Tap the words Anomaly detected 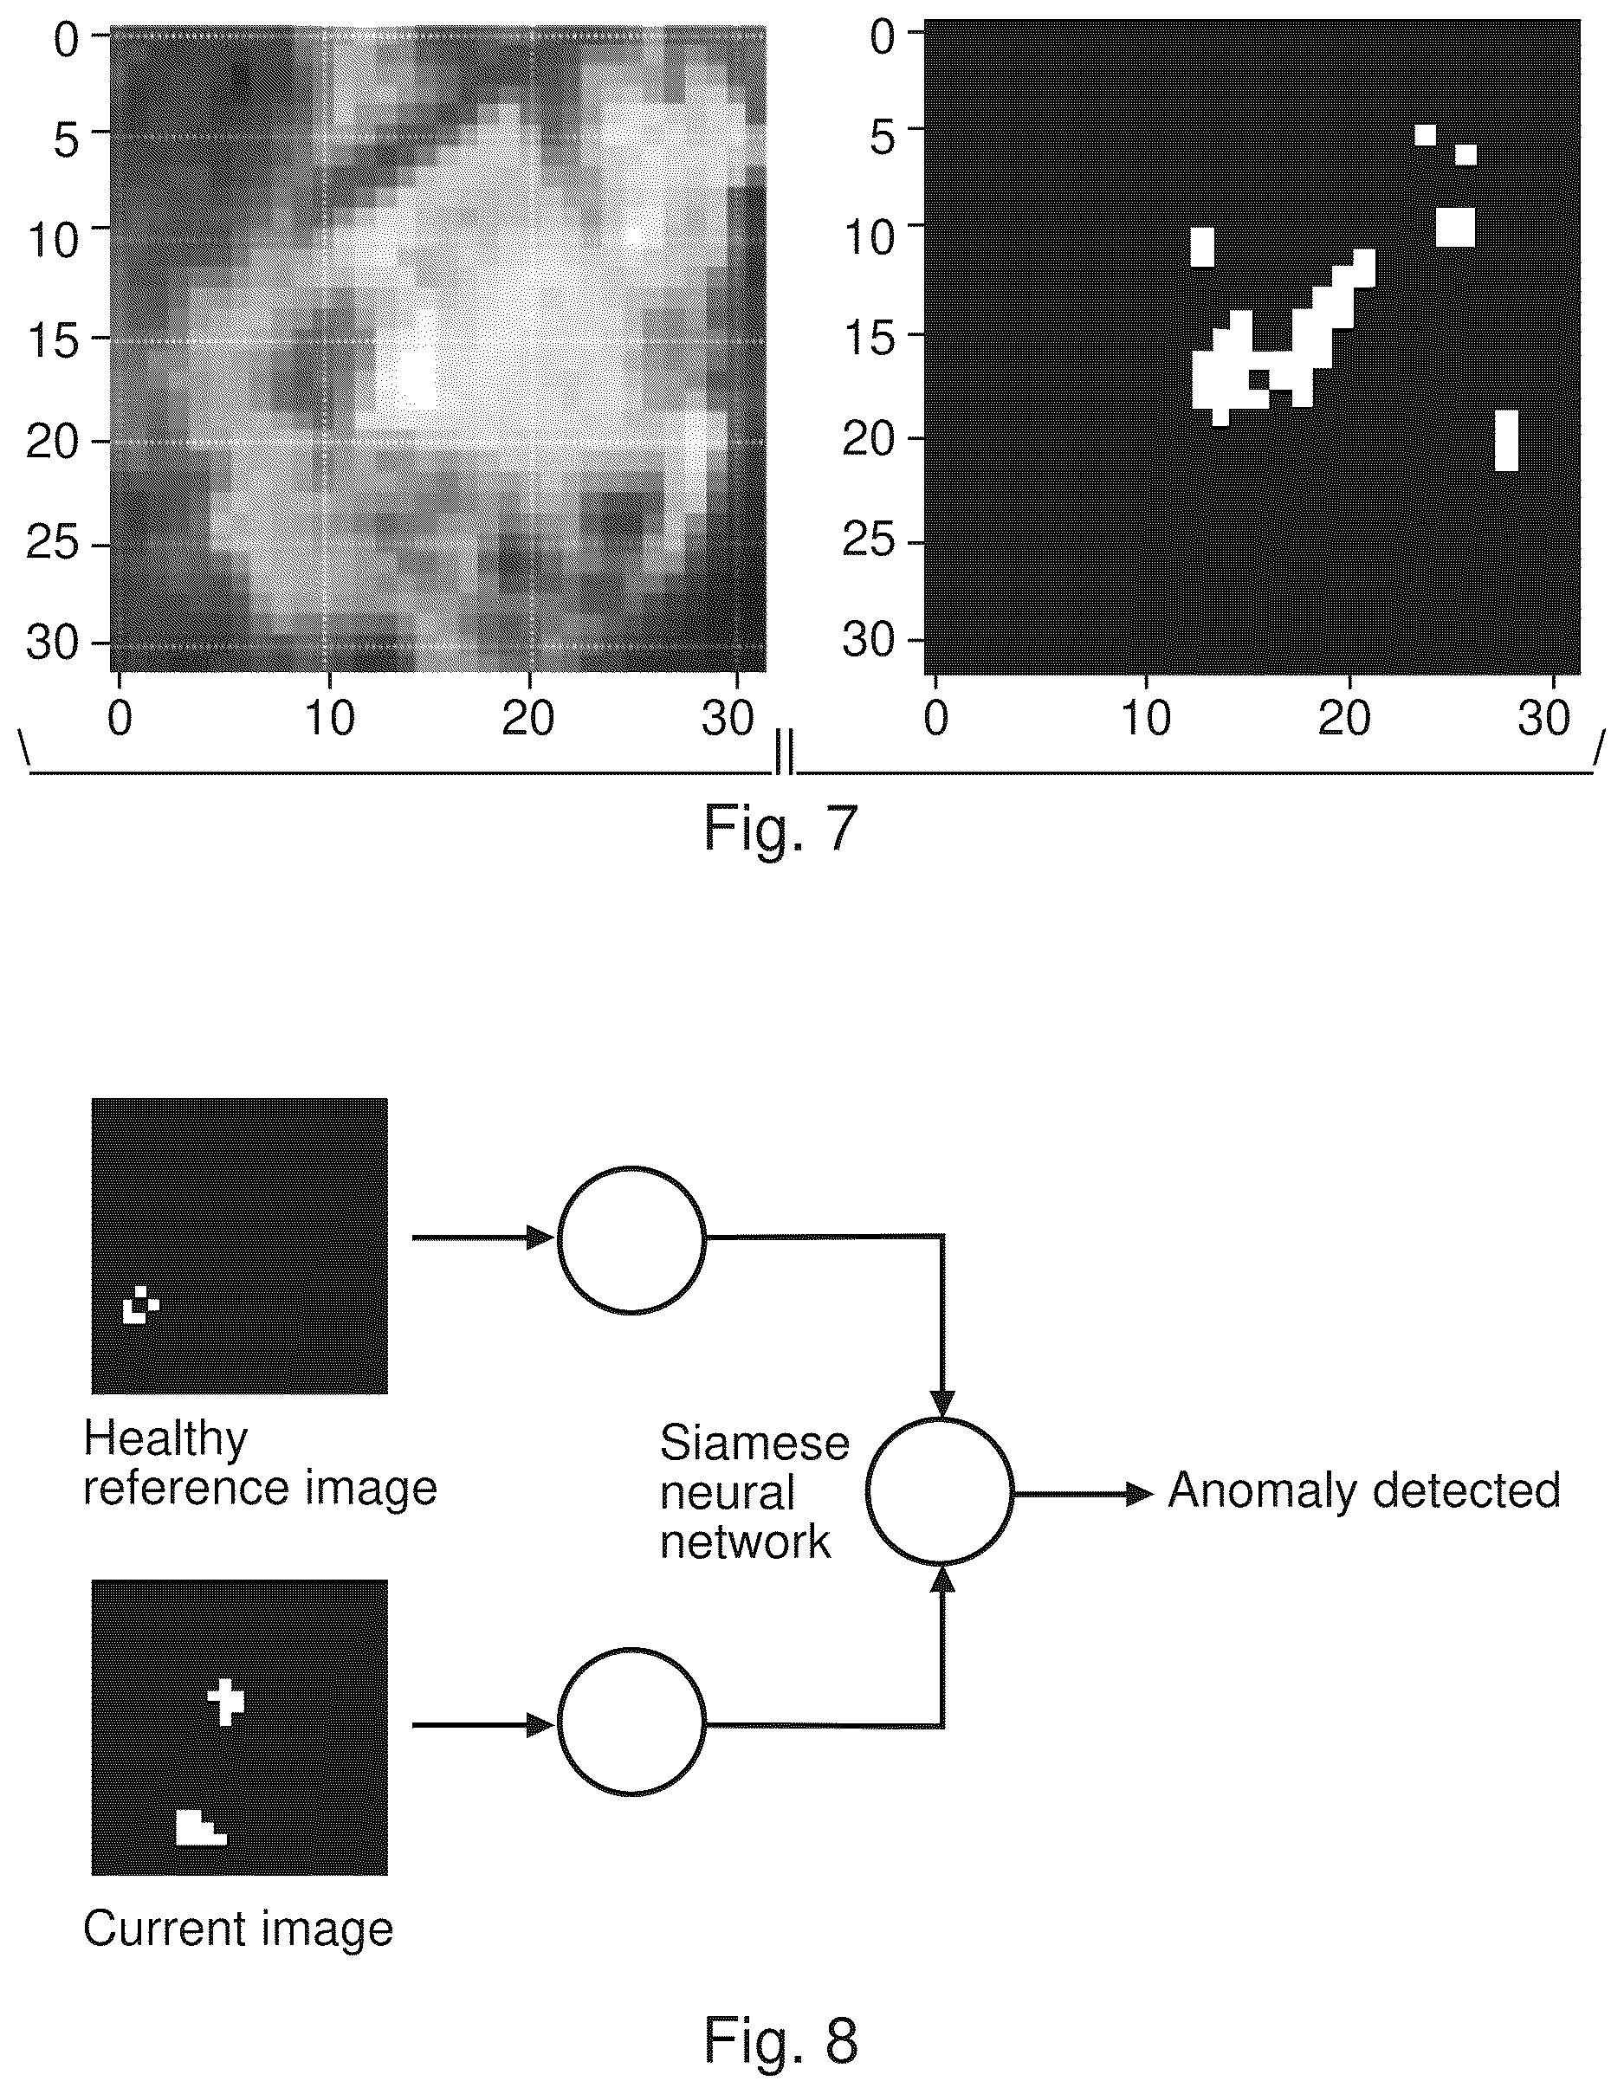point(1364,1491)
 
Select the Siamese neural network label point(754,1492)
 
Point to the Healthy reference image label point(260,1464)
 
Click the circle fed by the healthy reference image point(631,1240)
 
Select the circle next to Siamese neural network point(941,1491)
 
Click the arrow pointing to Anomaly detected point(1084,1493)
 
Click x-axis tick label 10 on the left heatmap point(329,718)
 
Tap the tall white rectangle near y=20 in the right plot point(1506,440)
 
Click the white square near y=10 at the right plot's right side point(1455,227)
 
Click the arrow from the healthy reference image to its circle point(484,1238)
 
